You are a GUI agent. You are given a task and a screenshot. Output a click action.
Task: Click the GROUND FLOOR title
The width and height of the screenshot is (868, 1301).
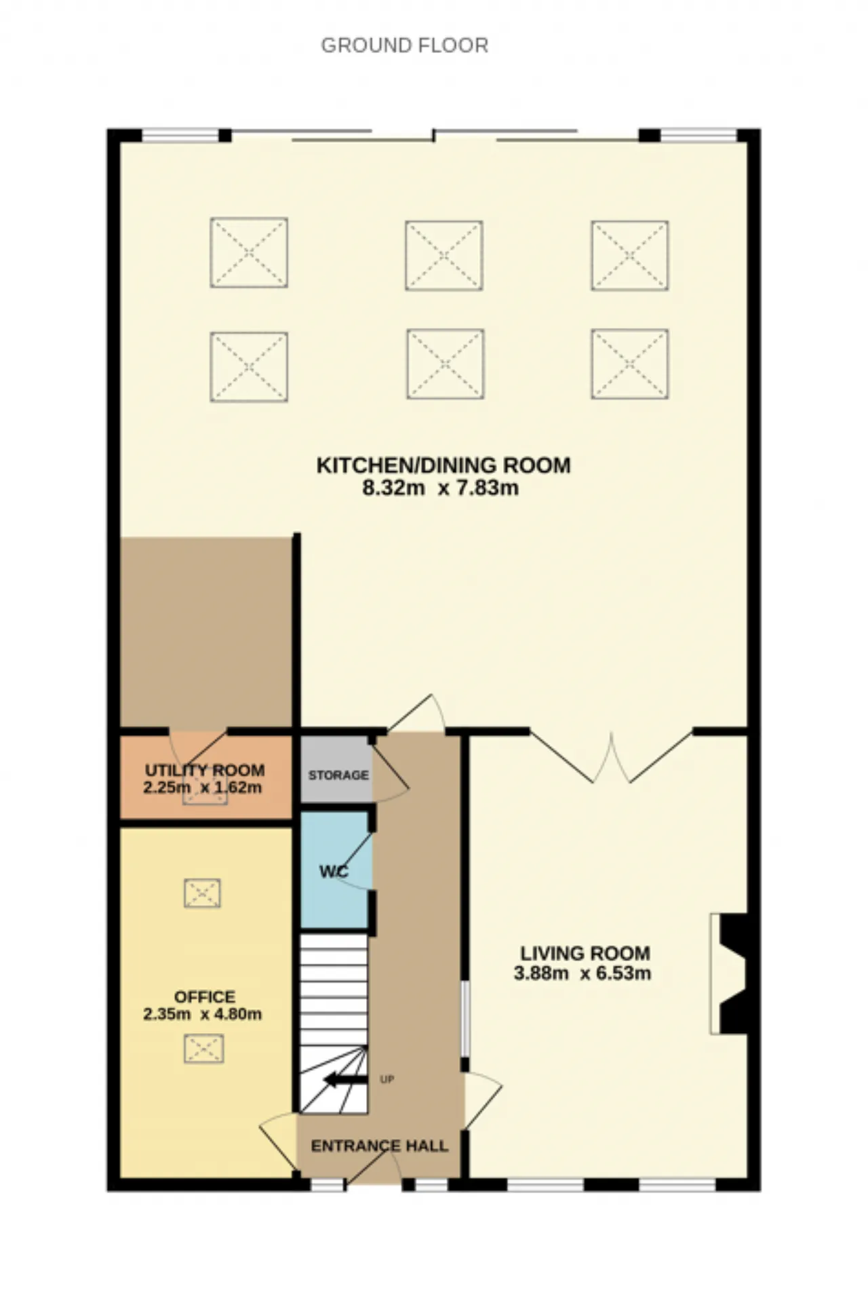click(404, 45)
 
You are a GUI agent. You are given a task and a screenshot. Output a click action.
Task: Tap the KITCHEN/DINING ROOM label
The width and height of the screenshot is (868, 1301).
click(443, 465)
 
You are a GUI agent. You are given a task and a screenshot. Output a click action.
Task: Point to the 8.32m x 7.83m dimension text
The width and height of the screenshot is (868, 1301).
click(440, 488)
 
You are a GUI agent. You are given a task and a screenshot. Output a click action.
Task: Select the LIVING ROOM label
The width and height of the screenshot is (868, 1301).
click(585, 953)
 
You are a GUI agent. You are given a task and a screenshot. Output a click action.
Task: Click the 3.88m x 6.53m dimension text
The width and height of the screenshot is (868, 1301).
click(583, 974)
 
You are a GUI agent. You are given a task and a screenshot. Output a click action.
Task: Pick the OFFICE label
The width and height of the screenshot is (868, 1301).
click(205, 996)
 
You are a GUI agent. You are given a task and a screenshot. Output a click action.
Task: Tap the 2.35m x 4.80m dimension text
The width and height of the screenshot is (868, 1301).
click(202, 1015)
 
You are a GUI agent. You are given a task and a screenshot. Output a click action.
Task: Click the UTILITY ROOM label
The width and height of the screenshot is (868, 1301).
click(205, 771)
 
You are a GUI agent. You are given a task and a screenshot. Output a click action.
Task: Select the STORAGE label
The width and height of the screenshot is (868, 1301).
click(338, 775)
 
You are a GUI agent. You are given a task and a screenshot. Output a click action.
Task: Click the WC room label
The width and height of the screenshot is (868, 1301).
click(334, 872)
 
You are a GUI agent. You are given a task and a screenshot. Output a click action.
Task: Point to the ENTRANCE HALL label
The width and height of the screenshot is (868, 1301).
click(379, 1146)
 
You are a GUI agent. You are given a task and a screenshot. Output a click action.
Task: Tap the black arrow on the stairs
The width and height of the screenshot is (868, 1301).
click(345, 1079)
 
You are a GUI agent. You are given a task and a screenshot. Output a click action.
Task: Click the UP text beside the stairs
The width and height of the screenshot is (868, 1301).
click(387, 1079)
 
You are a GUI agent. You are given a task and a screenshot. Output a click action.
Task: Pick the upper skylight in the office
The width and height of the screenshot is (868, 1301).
click(203, 893)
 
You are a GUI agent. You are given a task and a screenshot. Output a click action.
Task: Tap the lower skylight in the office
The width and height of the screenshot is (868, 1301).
click(203, 1049)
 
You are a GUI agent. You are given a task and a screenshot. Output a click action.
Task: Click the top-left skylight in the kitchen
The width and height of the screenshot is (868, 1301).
click(249, 252)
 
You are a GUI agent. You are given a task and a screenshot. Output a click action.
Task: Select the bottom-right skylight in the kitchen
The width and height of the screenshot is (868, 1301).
click(630, 364)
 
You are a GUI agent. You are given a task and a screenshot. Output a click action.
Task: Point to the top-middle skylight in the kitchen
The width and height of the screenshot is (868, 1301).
click(444, 255)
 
